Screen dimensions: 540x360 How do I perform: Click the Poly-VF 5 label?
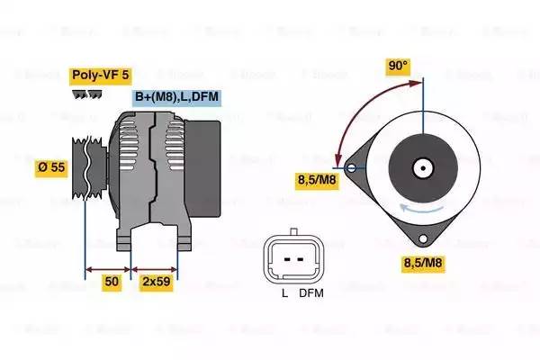100,75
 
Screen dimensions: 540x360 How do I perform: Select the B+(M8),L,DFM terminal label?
176,97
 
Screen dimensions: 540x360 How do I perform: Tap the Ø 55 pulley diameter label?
51,167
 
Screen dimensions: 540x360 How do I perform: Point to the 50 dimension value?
112,282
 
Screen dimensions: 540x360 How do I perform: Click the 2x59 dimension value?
157,282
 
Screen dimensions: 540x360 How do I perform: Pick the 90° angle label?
398,65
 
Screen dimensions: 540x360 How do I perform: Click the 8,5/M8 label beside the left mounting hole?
317,180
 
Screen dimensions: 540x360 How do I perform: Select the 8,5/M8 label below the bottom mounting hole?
423,263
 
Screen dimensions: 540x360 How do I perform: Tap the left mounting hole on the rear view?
351,168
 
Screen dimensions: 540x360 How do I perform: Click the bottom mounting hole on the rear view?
423,238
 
